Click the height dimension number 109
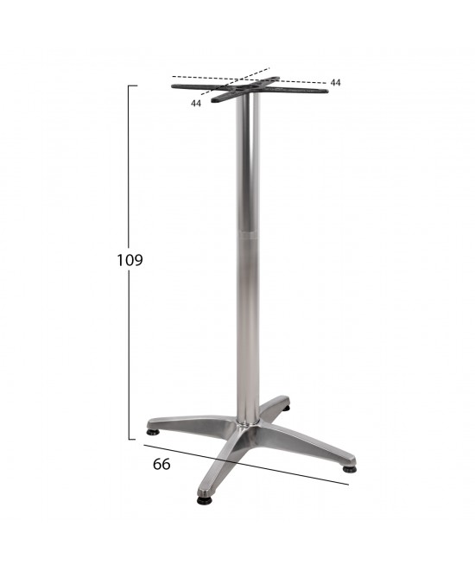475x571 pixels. [130, 260]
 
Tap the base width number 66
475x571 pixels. [161, 464]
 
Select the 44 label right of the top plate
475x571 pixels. [335, 83]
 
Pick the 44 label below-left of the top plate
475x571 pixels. [196, 104]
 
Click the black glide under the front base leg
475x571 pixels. [204, 501]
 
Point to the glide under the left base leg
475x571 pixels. [153, 432]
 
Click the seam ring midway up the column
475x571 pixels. [249, 236]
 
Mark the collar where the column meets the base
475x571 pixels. [248, 423]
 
